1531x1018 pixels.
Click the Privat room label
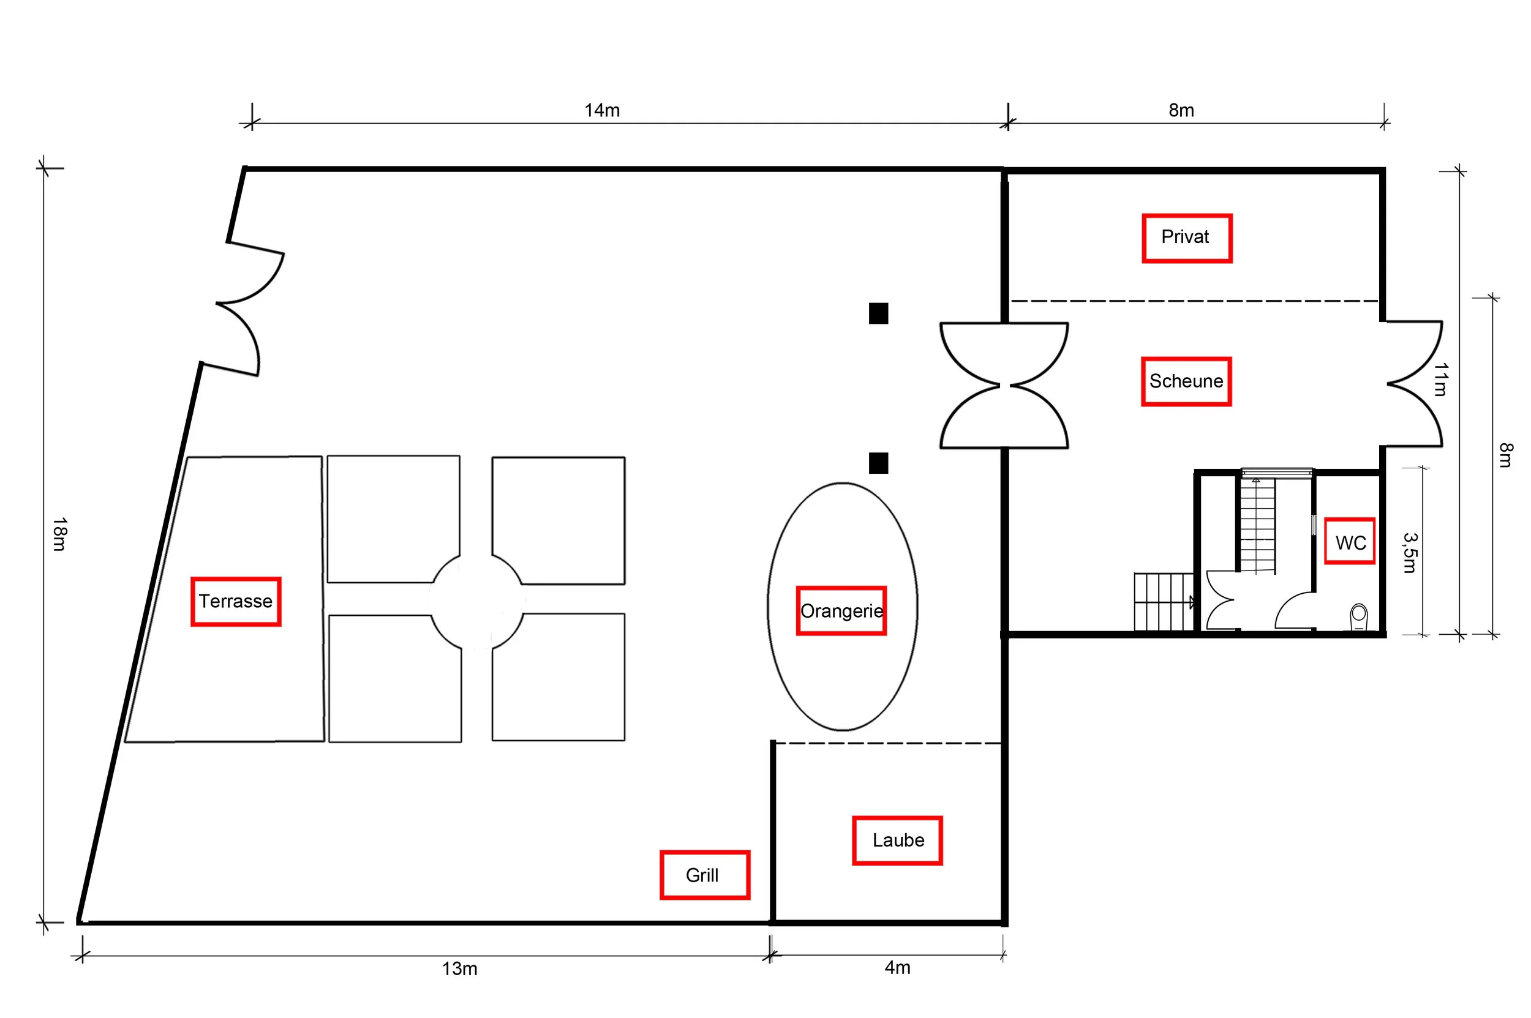1186,238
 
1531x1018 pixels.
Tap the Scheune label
1186,381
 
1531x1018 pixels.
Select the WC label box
1349,542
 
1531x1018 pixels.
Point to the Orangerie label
841,611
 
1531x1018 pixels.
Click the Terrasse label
235,601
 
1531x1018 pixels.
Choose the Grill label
704,875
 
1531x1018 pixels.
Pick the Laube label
897,840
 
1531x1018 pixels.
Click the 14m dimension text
601,110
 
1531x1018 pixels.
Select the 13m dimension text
459,968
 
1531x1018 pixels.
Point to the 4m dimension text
897,967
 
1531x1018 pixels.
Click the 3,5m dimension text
1409,553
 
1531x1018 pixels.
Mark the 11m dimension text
1440,379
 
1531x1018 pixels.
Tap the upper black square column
878,313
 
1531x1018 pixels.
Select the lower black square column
878,463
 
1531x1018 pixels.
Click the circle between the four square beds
477,601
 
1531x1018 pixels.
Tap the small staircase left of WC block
1163,601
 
